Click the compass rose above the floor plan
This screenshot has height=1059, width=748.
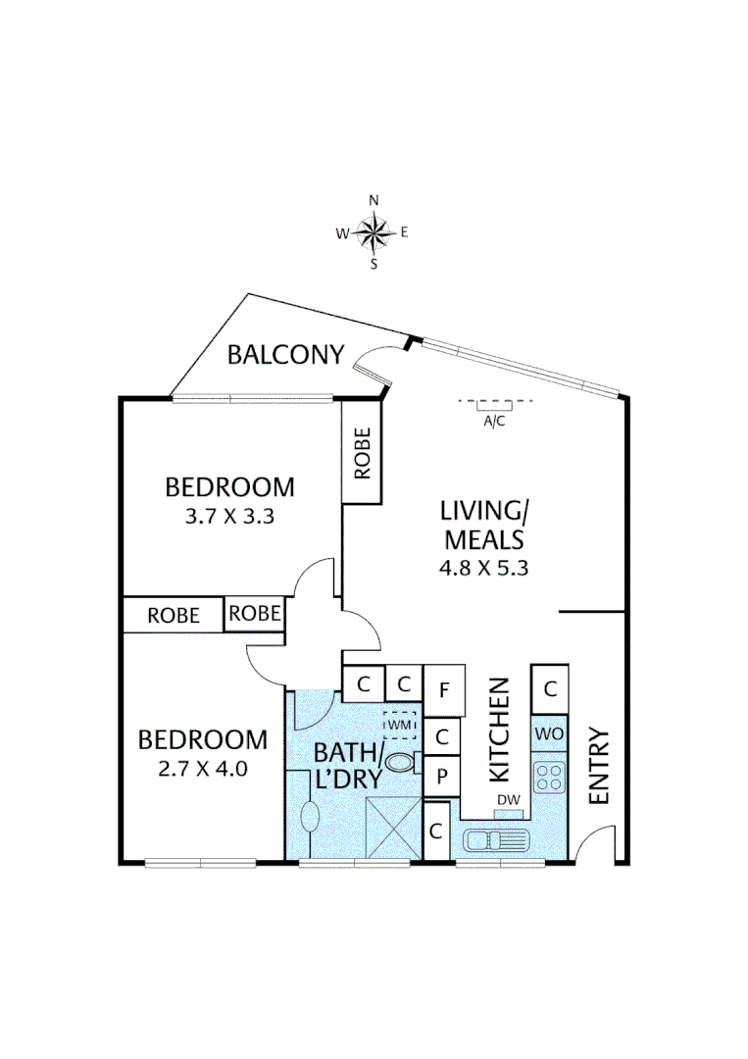[x=374, y=232]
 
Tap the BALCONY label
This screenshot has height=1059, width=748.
[x=285, y=354]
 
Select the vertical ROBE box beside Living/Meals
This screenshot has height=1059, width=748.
[x=362, y=453]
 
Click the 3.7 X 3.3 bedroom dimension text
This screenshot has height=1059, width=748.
[x=228, y=515]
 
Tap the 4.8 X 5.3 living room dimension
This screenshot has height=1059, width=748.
[x=484, y=567]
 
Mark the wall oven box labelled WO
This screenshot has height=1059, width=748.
[x=549, y=733]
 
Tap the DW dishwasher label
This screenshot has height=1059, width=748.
[x=508, y=801]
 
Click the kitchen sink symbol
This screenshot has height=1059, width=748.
[x=496, y=840]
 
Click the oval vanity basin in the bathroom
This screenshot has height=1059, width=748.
[x=310, y=816]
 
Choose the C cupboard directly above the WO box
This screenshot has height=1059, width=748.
[x=550, y=689]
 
